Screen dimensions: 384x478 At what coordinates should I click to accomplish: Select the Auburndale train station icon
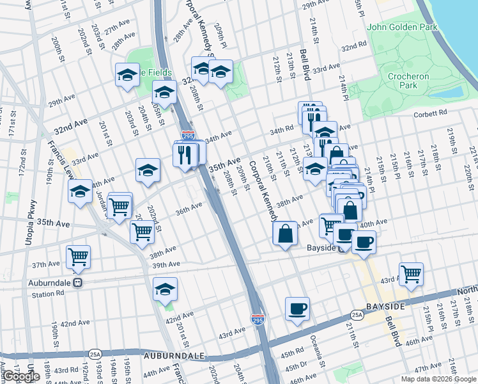tap(77, 282)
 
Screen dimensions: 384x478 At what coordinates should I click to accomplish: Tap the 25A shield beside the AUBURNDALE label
tap(95, 353)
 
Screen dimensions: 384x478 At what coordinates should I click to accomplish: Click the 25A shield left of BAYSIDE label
tap(357, 315)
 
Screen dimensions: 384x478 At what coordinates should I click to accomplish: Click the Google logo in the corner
tap(21, 376)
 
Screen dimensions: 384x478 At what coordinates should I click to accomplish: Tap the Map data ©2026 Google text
tap(438, 379)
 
